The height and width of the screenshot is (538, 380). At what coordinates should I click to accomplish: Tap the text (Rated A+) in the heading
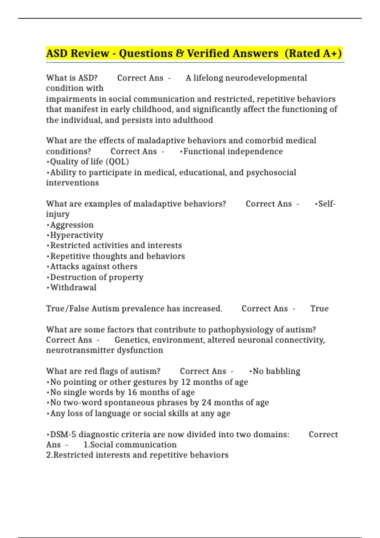tap(313, 53)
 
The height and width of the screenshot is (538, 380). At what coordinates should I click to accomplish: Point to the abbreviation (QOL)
tap(117, 162)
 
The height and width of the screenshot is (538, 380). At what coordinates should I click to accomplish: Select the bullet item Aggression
tap(72, 225)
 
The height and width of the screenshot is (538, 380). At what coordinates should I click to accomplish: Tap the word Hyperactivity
tap(77, 235)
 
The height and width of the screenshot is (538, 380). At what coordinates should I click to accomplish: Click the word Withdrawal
tap(73, 287)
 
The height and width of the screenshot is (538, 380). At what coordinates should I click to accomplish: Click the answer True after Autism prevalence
tap(319, 309)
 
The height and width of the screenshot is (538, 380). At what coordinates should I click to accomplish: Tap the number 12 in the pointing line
tap(186, 382)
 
